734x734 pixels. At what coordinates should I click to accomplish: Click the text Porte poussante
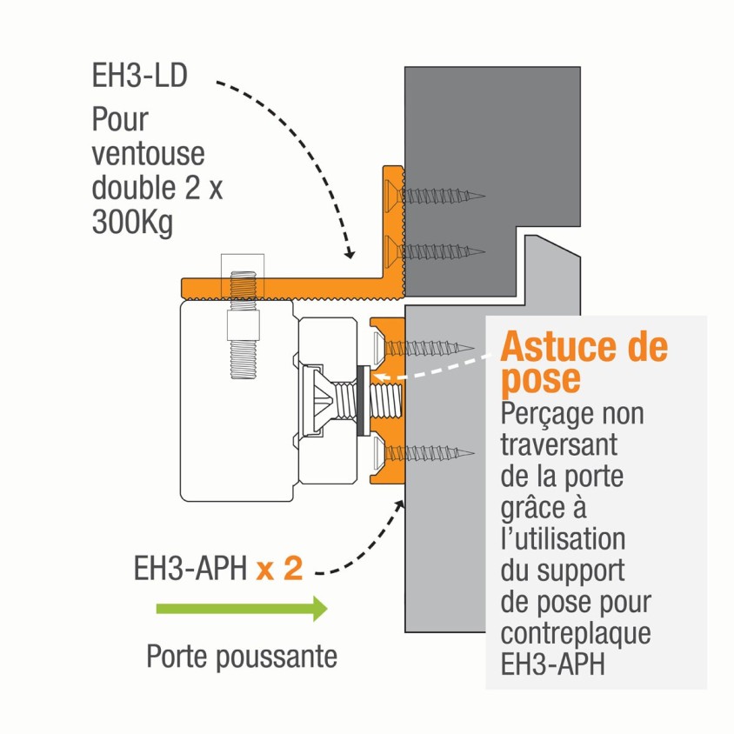click(x=242, y=656)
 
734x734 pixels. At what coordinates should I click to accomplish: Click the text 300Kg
click(x=132, y=224)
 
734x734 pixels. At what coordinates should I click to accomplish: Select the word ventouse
click(x=148, y=154)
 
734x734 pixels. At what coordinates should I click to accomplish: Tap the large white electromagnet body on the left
click(x=230, y=409)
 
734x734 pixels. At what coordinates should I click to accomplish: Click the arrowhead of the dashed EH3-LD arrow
click(x=350, y=255)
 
